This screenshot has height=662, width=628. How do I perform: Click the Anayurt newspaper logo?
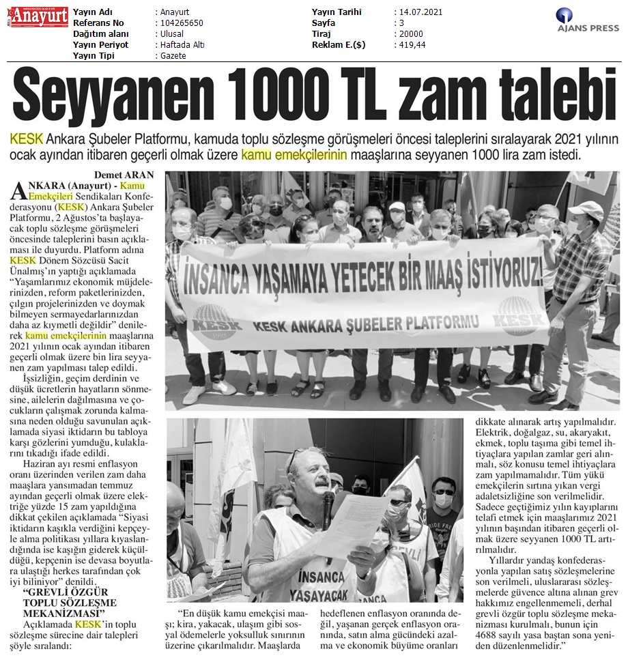[38, 17]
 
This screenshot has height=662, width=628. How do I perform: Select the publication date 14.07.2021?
[419, 12]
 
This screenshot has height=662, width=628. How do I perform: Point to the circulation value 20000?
[409, 34]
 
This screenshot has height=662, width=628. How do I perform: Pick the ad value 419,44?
[410, 45]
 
